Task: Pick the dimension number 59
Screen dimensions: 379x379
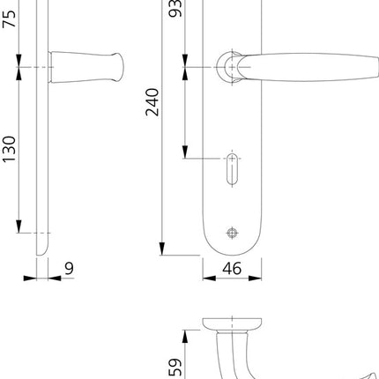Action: pos(175,365)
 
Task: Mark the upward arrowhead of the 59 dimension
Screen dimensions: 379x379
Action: pos(185,336)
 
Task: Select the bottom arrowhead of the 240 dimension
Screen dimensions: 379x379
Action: pos(161,249)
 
